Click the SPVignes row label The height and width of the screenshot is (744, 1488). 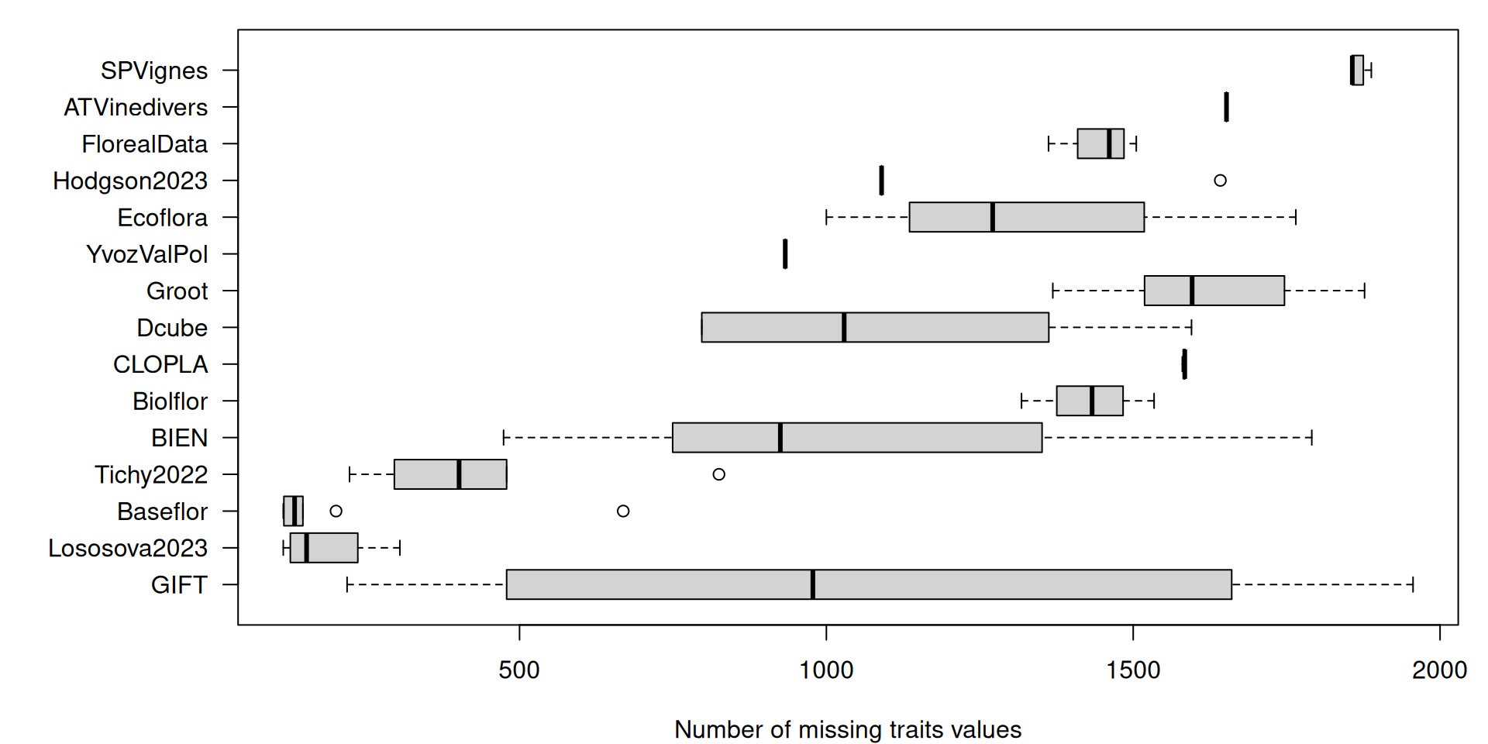tap(153, 71)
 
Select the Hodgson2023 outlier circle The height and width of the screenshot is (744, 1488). tap(1220, 181)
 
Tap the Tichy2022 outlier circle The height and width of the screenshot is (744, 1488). tap(718, 474)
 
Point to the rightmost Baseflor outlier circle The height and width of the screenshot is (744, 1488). tap(623, 511)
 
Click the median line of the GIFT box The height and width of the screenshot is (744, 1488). tap(812, 584)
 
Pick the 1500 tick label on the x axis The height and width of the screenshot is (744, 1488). tap(1133, 670)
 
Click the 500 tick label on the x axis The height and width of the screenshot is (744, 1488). tap(518, 670)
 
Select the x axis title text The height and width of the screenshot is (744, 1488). tap(848, 729)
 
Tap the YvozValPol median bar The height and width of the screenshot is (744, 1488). tap(785, 254)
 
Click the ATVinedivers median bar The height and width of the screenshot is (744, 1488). tap(1226, 107)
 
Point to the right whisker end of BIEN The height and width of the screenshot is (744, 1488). tap(1311, 438)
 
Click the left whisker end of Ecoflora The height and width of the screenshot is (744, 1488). tap(827, 217)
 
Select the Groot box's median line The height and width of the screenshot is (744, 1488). tap(1192, 291)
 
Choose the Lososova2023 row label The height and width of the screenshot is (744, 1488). tap(128, 548)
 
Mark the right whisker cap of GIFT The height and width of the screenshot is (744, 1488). tap(1413, 584)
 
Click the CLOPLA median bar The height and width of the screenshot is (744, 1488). tap(1184, 364)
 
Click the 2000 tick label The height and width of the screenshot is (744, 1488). tap(1439, 670)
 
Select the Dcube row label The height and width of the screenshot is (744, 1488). tap(172, 328)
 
